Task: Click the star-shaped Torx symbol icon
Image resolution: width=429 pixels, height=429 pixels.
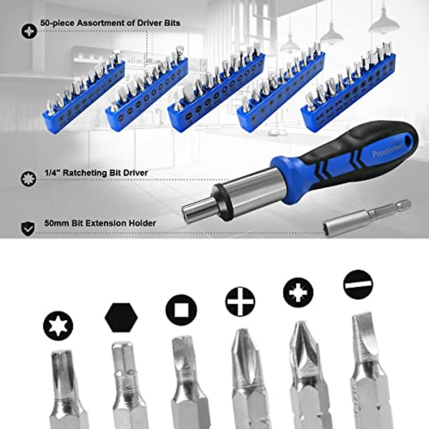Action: pyautogui.click(x=58, y=326)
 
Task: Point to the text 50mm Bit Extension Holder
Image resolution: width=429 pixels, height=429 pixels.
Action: pyautogui.click(x=100, y=223)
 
